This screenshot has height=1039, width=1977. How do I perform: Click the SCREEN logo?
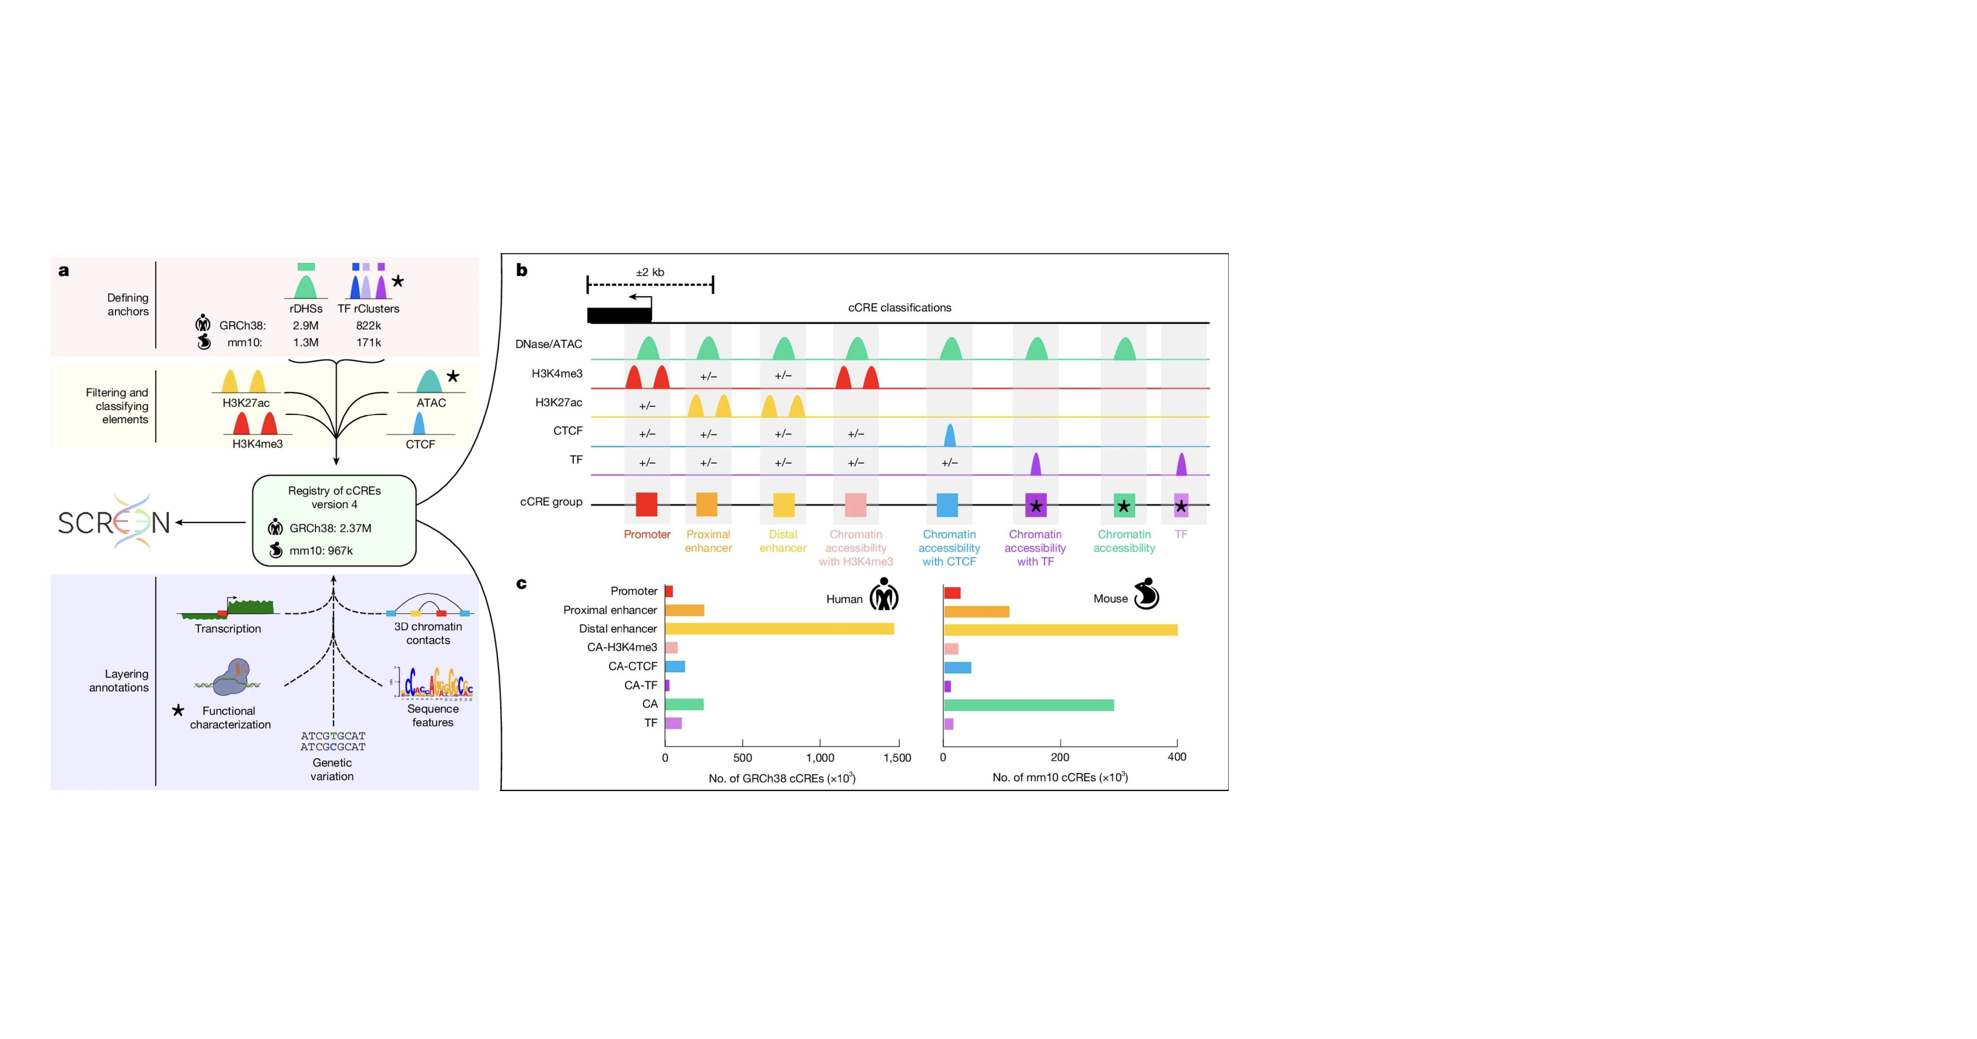point(114,522)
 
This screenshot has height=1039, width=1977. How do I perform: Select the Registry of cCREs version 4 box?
point(334,520)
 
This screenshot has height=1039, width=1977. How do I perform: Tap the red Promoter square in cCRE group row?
point(646,504)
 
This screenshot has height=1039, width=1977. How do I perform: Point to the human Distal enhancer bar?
point(779,629)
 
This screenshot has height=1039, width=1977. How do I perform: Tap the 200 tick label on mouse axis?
point(1060,757)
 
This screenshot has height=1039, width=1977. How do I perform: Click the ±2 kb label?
point(650,272)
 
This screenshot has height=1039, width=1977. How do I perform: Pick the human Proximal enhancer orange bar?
point(684,610)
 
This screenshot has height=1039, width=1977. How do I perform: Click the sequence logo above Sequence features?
point(434,682)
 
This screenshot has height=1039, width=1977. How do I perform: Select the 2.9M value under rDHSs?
point(306,326)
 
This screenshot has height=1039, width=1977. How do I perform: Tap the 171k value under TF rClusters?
point(368,343)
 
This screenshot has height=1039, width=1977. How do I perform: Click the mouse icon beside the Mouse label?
point(1146,594)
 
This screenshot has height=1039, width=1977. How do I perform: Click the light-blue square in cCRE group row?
point(947,504)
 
